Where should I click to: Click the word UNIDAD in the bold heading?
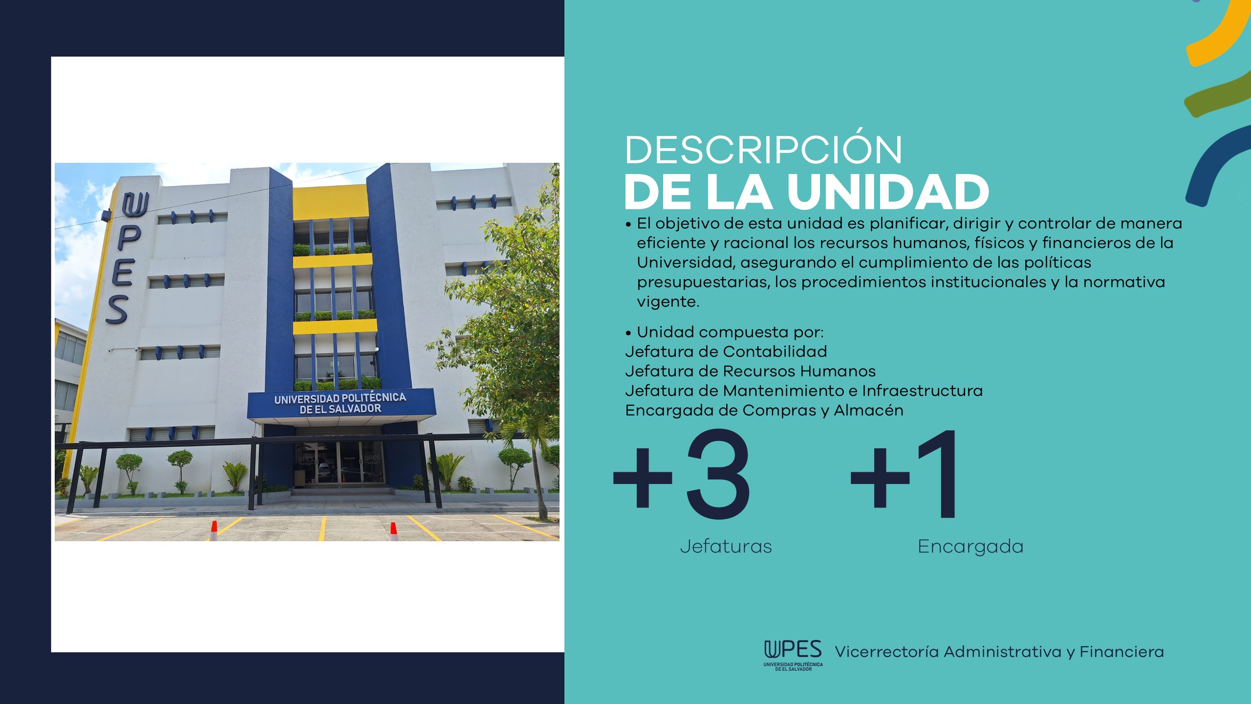tap(888, 192)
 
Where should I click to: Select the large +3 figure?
tap(682, 474)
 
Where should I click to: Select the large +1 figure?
tap(904, 474)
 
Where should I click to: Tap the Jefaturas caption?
tap(726, 546)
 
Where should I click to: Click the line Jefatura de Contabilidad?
tap(726, 352)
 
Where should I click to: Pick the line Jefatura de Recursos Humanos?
tap(751, 371)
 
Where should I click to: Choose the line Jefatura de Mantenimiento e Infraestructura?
tap(804, 391)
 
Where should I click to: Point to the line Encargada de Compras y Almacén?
tap(764, 410)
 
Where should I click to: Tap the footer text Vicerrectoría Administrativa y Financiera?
tap(999, 652)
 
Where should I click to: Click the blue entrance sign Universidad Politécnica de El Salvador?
tap(341, 403)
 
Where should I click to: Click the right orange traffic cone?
tap(393, 531)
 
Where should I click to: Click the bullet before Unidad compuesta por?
tap(628, 333)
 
